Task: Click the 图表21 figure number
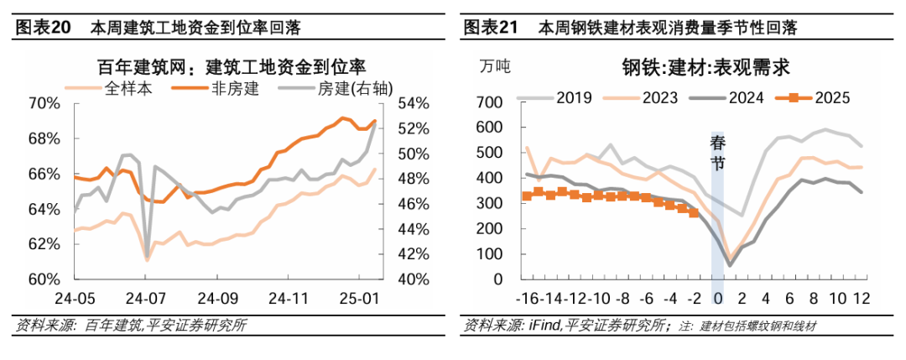click(x=489, y=28)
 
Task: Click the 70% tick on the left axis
click(x=44, y=104)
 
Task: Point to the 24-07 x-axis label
click(x=145, y=298)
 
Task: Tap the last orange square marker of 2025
click(x=693, y=213)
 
